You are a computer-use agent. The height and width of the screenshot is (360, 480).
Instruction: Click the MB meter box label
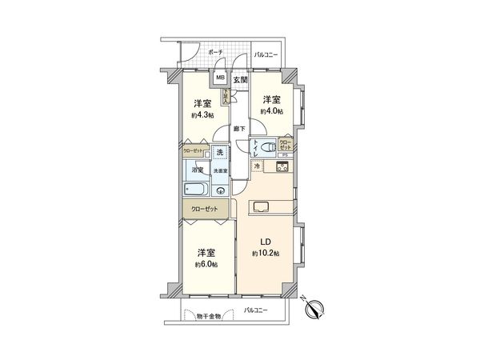coord(220,79)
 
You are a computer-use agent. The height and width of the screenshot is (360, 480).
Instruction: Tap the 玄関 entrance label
coord(240,79)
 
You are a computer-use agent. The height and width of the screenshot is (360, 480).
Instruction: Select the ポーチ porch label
coord(215,52)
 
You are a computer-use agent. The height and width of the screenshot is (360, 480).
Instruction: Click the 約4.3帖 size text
coord(203,115)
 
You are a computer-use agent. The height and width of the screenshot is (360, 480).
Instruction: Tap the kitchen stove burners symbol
coord(282,166)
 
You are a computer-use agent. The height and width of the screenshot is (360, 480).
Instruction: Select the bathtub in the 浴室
coord(196,190)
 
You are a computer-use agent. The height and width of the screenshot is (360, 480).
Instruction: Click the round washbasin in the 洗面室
coord(220,190)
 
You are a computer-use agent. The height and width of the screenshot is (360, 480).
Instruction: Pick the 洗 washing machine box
coord(219,153)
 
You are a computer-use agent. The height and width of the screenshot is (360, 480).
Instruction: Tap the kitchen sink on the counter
coord(264,206)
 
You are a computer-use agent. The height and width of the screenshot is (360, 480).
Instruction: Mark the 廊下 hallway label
coord(239,129)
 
